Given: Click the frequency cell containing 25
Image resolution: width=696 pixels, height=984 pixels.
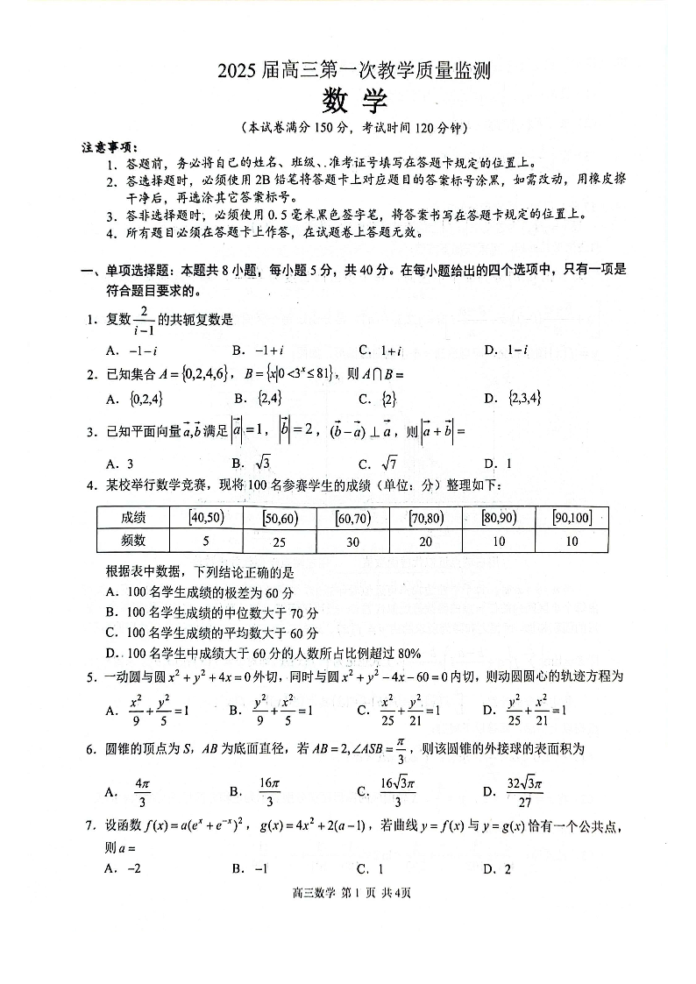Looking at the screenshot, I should (279, 542).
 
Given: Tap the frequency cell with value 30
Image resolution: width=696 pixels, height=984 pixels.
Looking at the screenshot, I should (352, 542).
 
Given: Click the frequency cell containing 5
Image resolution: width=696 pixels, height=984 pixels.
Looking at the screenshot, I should (206, 542).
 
